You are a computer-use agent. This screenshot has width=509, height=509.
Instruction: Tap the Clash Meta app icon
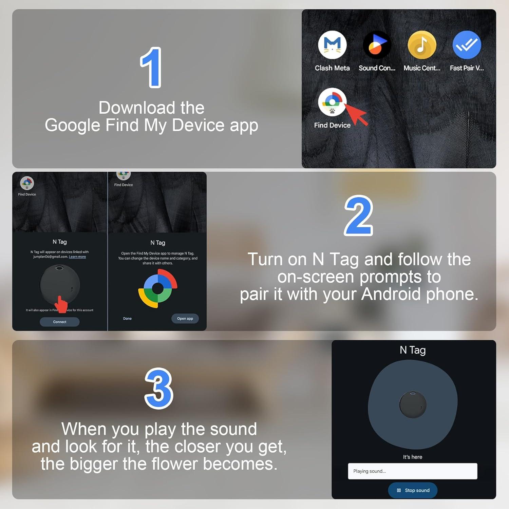coord(332,45)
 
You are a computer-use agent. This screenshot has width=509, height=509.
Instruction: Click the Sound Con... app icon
coord(377,45)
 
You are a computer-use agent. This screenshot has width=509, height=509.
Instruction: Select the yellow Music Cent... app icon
coord(422,45)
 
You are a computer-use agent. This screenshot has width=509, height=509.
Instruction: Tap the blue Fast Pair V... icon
coord(467,45)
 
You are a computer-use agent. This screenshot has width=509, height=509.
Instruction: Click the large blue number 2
coord(358,216)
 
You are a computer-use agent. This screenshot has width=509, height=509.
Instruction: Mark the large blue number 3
coord(159,389)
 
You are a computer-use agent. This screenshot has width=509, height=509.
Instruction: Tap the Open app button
coord(185,318)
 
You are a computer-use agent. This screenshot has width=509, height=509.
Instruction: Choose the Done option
coord(127,318)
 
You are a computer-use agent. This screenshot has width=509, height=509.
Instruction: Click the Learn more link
coord(77,257)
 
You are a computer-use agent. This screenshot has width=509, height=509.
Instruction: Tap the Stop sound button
coord(413,490)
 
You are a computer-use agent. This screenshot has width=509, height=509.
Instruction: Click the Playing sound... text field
coord(413,471)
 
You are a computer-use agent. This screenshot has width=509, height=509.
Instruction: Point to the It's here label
coord(413,457)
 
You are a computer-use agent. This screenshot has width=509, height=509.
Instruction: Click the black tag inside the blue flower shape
coord(413,404)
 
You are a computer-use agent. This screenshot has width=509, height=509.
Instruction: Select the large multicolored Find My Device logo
coord(158,288)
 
